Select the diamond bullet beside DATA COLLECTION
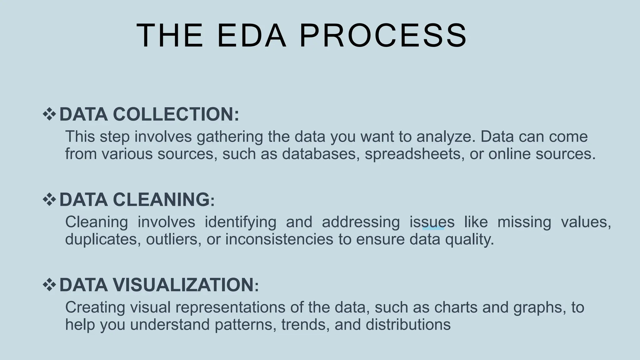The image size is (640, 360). (49, 114)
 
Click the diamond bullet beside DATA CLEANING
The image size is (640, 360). (49, 199)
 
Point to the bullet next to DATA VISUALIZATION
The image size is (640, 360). (49, 285)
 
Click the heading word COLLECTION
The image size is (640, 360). (176, 114)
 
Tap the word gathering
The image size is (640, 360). (230, 137)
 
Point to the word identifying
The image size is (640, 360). (240, 222)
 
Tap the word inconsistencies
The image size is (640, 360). (279, 239)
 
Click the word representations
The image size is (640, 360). (230, 307)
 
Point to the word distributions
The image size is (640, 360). (408, 325)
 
